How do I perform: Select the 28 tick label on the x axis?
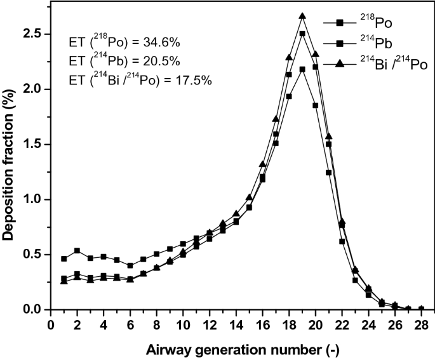click(x=420, y=325)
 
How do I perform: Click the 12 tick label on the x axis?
click(x=210, y=325)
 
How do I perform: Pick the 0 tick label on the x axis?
click(x=51, y=325)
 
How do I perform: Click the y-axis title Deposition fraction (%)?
click(x=9, y=171)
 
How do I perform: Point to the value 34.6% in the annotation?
click(x=161, y=43)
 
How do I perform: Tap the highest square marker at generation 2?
click(x=77, y=251)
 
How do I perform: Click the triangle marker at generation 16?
click(x=262, y=164)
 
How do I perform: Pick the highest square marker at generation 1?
click(x=64, y=258)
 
